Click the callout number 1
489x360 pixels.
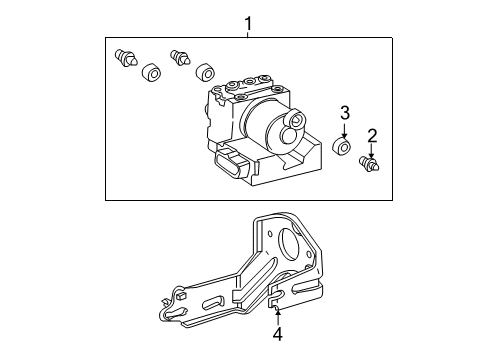pos(248,24)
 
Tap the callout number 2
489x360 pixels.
pos(372,136)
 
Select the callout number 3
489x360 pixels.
pos(345,113)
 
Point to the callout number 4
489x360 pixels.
pos(278,334)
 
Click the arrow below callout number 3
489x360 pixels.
pos(344,130)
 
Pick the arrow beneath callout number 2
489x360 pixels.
pos(372,151)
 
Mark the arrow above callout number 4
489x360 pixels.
pos(277,316)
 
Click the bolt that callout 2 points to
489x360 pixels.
pos(369,164)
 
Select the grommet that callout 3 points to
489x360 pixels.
pos(342,147)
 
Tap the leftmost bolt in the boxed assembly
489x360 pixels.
pos(125,57)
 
